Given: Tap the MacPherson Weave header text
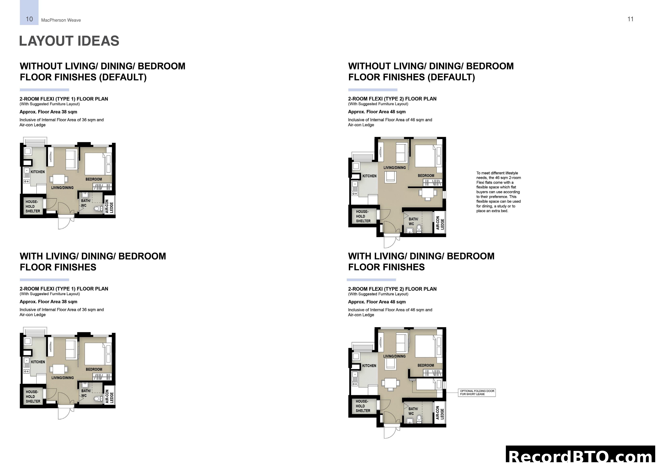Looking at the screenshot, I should coord(61,20).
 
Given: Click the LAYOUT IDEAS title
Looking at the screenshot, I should coord(69,41).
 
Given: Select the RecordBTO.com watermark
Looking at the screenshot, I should coord(581,456).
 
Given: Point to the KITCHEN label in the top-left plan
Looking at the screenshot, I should coord(38,172).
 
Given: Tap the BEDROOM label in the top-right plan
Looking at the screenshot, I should coord(426,176).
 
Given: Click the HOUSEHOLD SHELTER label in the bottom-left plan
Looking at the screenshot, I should coord(33,397).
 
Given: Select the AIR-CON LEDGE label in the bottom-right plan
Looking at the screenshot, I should coord(440,413).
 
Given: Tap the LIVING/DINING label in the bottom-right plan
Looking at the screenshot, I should coord(394,356).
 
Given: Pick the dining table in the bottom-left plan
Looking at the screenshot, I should coord(59,369).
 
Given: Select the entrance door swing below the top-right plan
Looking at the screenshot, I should coord(390,242).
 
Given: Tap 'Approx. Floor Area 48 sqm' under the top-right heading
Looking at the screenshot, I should coord(377,112).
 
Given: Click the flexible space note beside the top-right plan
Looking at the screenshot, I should coord(498,192).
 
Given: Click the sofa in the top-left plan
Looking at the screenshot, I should coord(71,159).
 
